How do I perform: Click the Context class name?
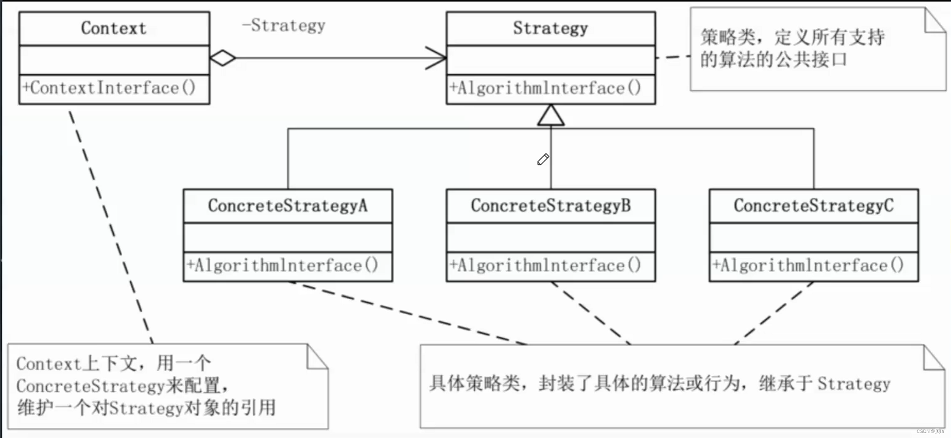pyautogui.click(x=114, y=28)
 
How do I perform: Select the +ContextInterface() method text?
pyautogui.click(x=109, y=87)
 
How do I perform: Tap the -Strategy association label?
pyautogui.click(x=283, y=25)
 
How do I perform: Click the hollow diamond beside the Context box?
pyautogui.click(x=223, y=58)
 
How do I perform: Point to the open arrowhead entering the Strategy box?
pyautogui.click(x=436, y=58)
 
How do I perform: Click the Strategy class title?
pyautogui.click(x=550, y=28)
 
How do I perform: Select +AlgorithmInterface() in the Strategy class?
pyautogui.click(x=545, y=87)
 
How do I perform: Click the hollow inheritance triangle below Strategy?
pyautogui.click(x=550, y=115)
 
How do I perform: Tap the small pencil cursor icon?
pyautogui.click(x=543, y=159)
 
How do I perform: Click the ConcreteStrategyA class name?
pyautogui.click(x=288, y=205)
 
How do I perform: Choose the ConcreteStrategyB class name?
pyautogui.click(x=550, y=205)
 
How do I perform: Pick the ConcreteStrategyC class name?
pyautogui.click(x=814, y=205)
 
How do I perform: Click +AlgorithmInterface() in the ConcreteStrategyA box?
pyautogui.click(x=282, y=265)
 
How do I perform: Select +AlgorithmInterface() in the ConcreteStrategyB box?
pyautogui.click(x=545, y=265)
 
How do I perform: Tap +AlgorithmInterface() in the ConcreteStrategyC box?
pyautogui.click(x=808, y=265)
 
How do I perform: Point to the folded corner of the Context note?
pyautogui.click(x=317, y=357)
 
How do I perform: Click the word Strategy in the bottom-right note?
pyautogui.click(x=854, y=384)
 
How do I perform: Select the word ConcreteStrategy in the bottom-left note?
pyautogui.click(x=90, y=386)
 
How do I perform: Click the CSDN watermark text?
pyautogui.click(x=930, y=431)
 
